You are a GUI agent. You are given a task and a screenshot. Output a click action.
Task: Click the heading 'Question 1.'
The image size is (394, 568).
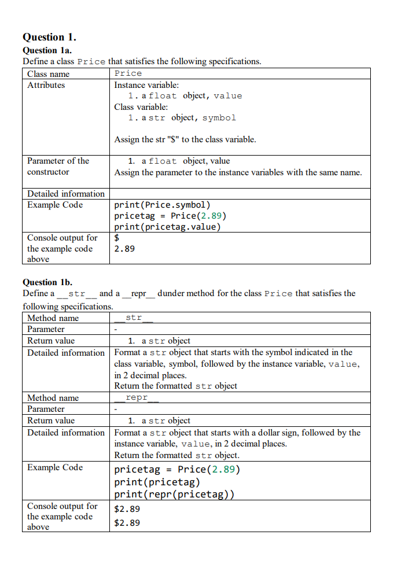50,37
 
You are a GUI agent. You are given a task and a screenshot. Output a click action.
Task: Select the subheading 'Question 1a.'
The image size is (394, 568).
47,50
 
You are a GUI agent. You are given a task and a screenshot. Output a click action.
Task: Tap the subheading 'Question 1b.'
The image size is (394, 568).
47,282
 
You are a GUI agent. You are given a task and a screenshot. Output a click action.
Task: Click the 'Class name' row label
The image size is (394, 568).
48,73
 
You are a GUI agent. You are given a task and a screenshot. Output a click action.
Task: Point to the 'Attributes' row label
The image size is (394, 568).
46,85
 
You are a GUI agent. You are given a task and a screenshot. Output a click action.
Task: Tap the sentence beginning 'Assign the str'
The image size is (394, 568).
185,139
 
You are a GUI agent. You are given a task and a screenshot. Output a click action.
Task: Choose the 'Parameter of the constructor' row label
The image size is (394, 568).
58,167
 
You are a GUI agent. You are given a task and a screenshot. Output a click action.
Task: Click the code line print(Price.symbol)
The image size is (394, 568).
163,205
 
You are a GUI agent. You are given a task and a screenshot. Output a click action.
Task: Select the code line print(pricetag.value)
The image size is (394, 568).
168,227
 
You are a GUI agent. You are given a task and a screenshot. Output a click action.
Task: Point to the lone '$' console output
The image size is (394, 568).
117,238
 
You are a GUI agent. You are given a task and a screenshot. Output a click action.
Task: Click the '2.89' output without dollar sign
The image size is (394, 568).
124,249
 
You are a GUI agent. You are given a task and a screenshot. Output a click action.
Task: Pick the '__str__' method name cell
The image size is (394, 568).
134,318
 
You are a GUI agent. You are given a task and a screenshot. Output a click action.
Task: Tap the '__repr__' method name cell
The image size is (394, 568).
137,397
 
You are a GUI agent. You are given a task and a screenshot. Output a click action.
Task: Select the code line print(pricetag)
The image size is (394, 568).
157,482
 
